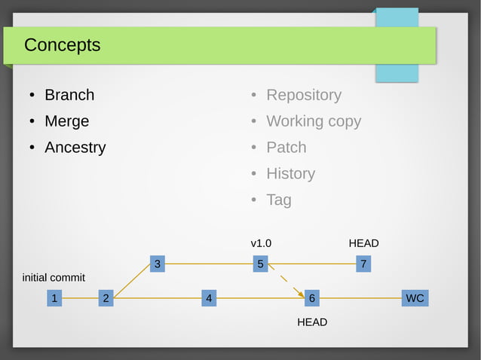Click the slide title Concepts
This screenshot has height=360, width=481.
(x=62, y=45)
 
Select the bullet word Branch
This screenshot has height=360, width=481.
(x=69, y=95)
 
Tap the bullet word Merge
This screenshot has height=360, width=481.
(x=66, y=121)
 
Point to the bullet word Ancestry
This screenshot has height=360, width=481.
(x=75, y=148)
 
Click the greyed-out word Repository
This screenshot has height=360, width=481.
(x=303, y=95)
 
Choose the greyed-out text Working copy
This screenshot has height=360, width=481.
(x=313, y=121)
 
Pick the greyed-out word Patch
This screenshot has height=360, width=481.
(x=286, y=148)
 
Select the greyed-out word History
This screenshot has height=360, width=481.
(x=290, y=174)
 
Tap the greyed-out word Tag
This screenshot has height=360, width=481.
(x=278, y=200)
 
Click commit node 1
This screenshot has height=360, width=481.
(x=54, y=298)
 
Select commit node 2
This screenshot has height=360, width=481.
(x=106, y=298)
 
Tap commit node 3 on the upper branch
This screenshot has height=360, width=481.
(x=157, y=264)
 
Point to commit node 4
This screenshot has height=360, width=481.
(x=209, y=298)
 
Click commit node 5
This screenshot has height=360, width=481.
(x=260, y=264)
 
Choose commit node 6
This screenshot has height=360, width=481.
(x=312, y=298)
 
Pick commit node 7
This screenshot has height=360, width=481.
(x=363, y=264)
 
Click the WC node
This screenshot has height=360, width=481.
(x=415, y=298)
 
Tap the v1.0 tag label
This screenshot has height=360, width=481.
(x=261, y=243)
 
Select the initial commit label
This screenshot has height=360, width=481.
(x=54, y=278)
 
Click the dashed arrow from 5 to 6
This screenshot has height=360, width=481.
(x=286, y=281)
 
